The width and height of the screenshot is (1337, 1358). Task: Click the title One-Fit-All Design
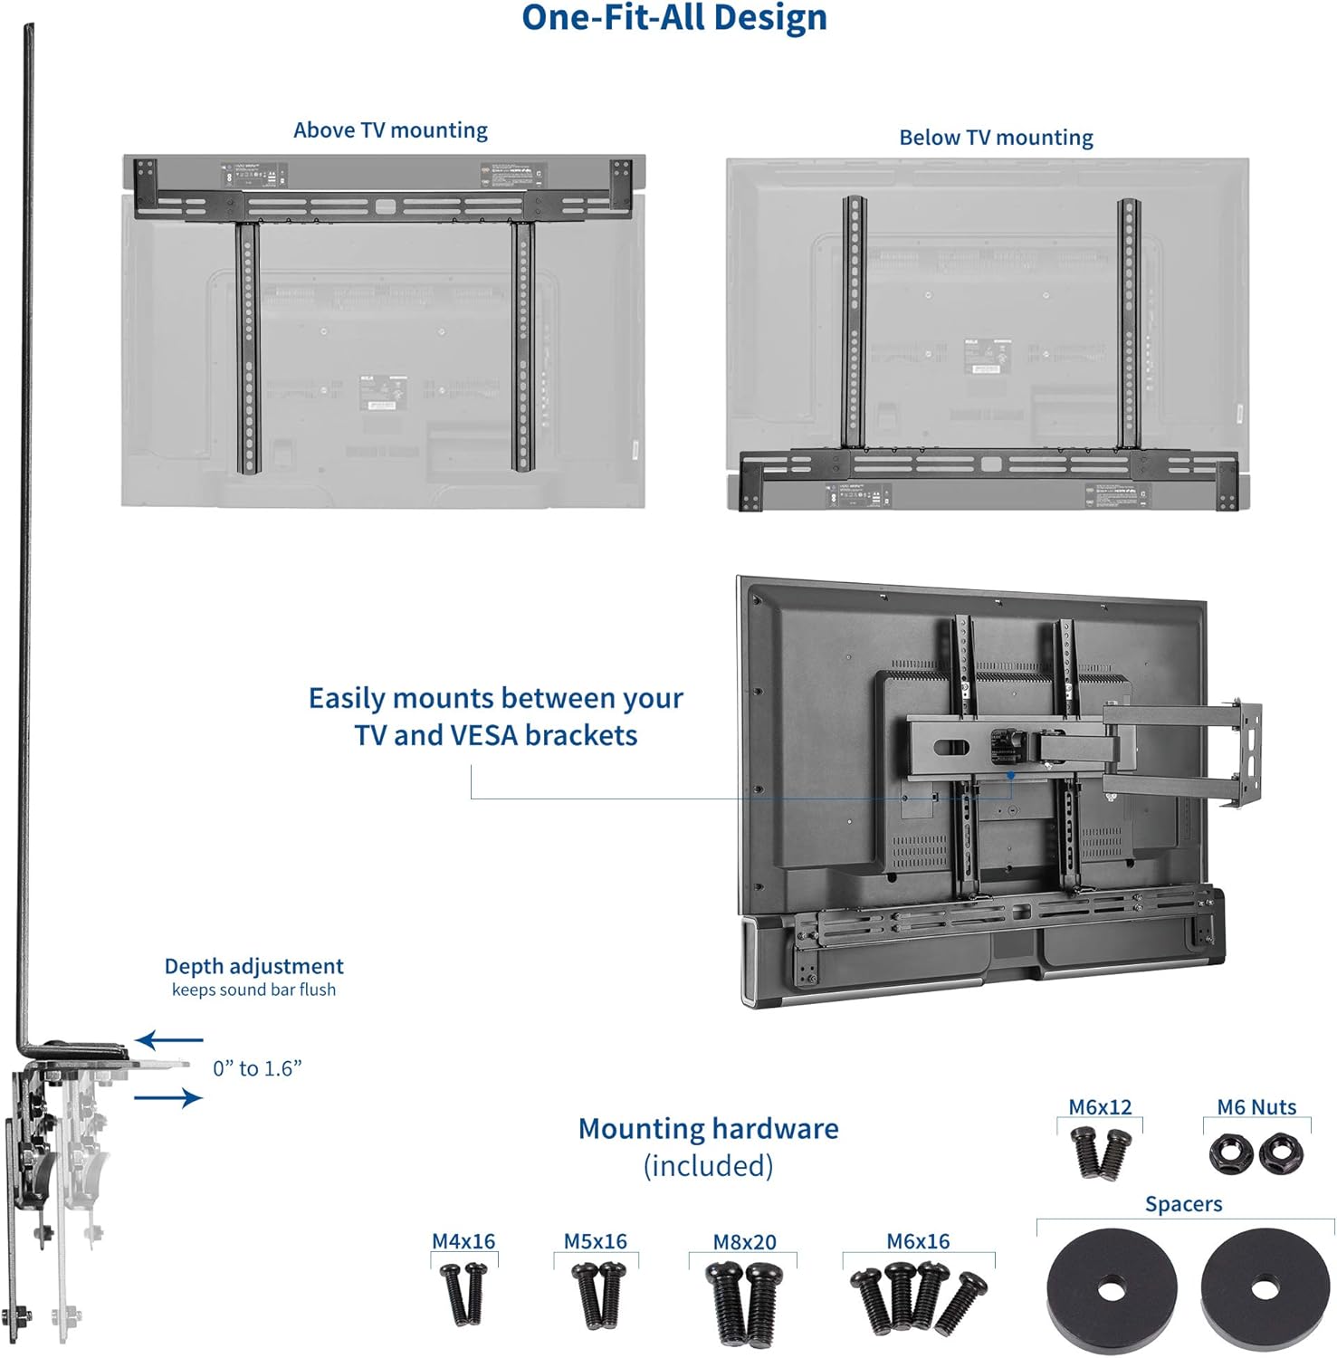674,18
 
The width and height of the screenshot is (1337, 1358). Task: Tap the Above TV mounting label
390,130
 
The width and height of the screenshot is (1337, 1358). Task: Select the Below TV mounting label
996,138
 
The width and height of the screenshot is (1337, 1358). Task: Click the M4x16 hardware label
463,1241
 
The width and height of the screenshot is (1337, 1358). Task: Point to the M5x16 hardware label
595,1241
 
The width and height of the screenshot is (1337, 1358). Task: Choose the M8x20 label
744,1242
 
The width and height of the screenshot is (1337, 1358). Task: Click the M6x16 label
918,1241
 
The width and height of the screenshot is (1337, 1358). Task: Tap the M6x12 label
1100,1107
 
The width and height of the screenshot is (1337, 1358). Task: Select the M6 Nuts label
1256,1107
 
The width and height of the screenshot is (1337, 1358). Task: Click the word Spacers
1183,1204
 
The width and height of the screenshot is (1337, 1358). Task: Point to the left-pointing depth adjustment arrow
169,1040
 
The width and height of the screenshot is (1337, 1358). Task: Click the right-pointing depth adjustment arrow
168,1098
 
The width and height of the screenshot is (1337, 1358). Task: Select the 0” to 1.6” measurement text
257,1069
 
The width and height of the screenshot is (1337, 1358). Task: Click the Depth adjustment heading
253,966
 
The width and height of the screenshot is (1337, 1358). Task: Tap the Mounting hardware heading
708,1129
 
